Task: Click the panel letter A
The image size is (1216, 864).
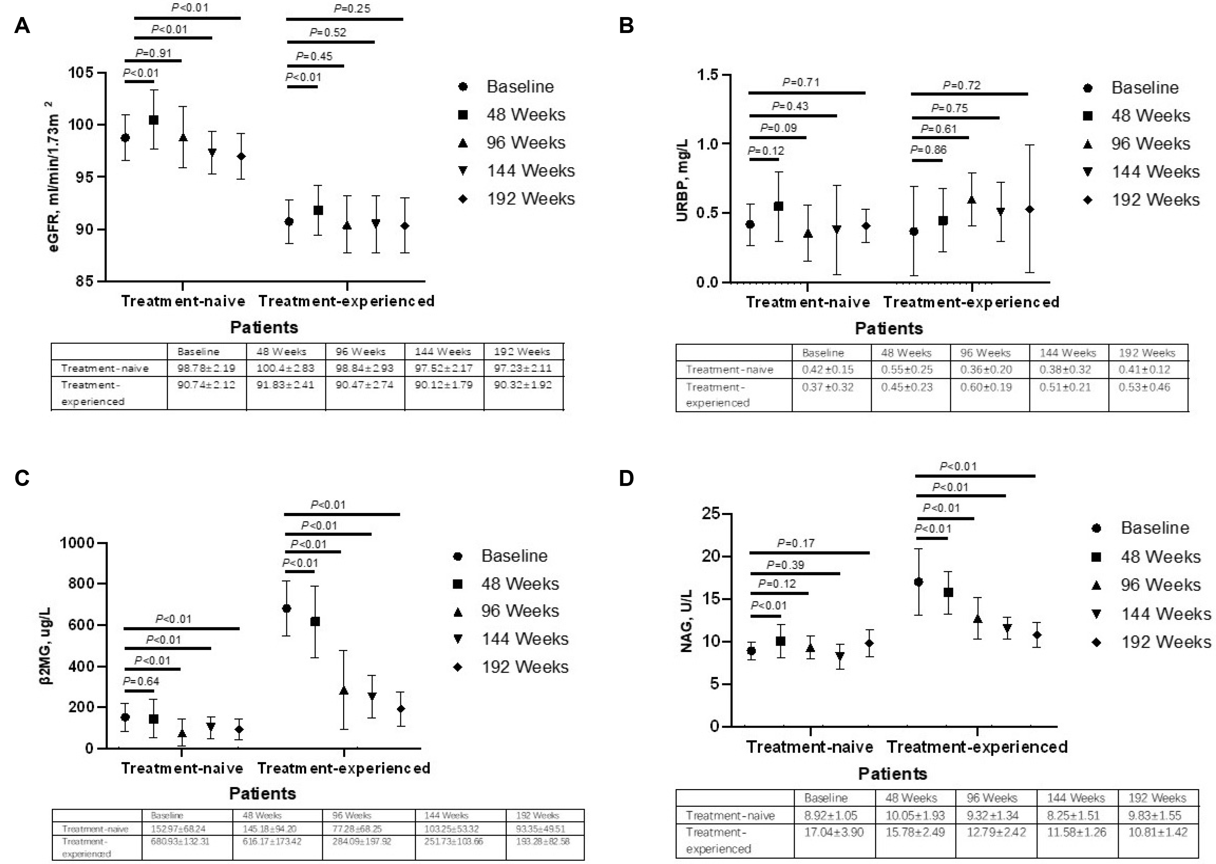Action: (x=22, y=26)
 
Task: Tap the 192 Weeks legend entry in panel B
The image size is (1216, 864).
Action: (x=1155, y=200)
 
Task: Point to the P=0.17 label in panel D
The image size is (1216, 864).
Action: (x=796, y=543)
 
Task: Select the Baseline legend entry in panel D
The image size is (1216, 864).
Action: (x=1154, y=528)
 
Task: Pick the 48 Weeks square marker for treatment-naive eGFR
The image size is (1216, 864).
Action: (x=154, y=120)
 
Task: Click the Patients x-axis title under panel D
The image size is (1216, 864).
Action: (x=892, y=773)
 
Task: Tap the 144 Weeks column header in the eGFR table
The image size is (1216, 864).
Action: (x=442, y=352)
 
